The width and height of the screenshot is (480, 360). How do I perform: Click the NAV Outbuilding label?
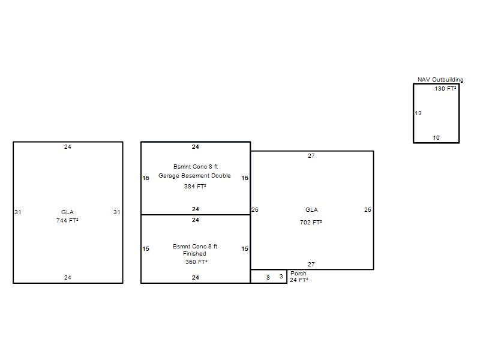tap(440, 80)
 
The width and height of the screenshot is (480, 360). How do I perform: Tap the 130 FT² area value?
tap(445, 88)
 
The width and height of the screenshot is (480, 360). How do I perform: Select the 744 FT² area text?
tap(67, 220)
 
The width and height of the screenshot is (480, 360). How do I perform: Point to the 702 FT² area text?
tap(311, 222)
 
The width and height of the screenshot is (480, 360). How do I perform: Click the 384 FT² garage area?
tap(195, 186)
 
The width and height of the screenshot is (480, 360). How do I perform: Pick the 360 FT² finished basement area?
tap(196, 262)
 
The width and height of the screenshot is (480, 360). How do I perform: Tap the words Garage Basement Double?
tap(194, 176)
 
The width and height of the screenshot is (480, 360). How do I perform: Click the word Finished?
tap(194, 253)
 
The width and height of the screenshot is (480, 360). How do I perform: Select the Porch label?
tap(298, 273)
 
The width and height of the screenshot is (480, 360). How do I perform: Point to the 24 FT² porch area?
tap(299, 280)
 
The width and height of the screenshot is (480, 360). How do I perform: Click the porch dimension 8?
tap(268, 277)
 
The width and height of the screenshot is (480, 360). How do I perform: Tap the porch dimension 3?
tap(281, 277)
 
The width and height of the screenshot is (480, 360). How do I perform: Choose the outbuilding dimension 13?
tap(418, 113)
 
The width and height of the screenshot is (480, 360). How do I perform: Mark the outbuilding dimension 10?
tap(436, 138)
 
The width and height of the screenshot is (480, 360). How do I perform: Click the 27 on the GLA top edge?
tap(311, 156)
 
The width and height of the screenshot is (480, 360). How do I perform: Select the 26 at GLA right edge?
tap(367, 209)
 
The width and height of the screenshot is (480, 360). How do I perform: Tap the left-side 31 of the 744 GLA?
tap(18, 212)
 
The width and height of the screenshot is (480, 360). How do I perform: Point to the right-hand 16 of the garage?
tap(245, 178)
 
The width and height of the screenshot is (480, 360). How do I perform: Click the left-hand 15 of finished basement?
tap(146, 248)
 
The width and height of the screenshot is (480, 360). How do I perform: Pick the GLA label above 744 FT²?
tap(67, 212)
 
